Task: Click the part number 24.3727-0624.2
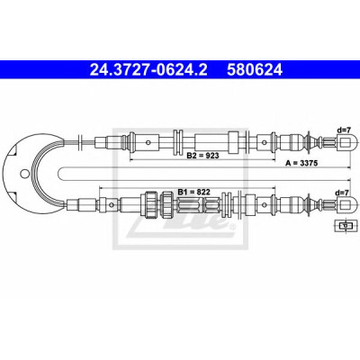point(148,70)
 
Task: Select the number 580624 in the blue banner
point(255,70)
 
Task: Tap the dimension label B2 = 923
point(202,155)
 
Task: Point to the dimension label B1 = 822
point(193,192)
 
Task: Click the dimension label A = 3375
point(301,163)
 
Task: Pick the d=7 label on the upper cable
point(344,130)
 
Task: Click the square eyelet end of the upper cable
point(347,142)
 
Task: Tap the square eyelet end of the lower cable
point(347,204)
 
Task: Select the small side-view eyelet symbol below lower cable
point(346,225)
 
